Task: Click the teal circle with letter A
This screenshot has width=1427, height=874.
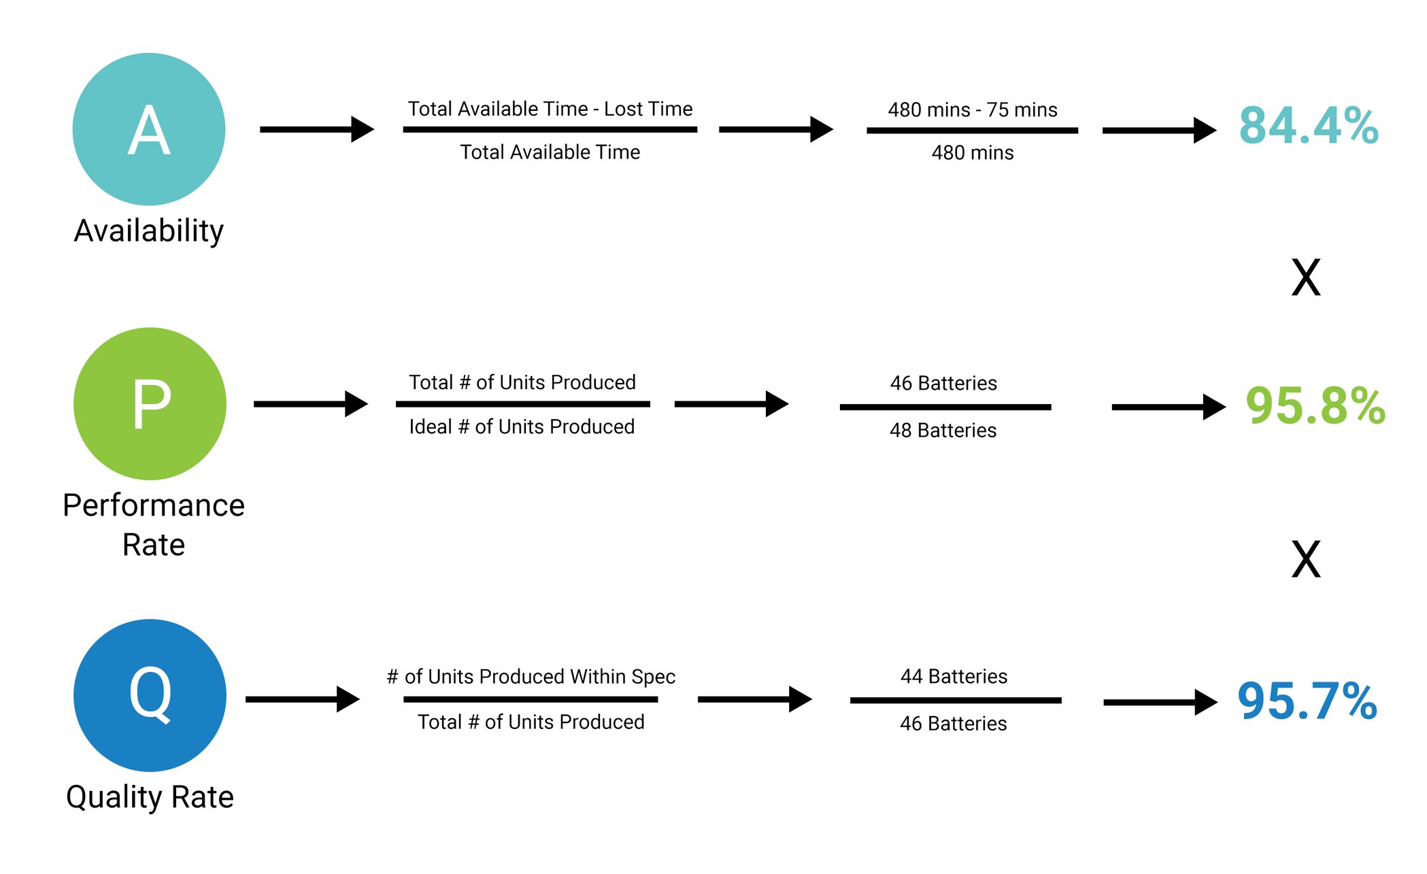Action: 149,129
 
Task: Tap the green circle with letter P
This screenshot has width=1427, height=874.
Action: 150,404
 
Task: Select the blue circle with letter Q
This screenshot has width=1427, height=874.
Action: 150,695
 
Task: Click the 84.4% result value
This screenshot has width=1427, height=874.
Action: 1308,127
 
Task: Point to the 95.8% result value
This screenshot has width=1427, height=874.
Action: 1315,406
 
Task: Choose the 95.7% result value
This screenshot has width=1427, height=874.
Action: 1307,701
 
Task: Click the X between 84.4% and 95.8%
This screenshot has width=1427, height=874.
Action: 1305,278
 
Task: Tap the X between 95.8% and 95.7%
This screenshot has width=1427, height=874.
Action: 1305,559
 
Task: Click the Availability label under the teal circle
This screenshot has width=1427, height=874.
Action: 149,231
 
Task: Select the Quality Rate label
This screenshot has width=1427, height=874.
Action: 150,797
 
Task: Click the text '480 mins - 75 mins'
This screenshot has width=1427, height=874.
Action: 972,110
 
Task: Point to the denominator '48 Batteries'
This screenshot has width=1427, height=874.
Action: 943,431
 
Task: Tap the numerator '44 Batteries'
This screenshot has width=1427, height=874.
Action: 954,676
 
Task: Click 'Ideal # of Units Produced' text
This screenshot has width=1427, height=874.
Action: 522,426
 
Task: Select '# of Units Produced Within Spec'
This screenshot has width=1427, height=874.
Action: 531,677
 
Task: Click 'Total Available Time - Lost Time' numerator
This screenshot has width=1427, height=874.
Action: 550,109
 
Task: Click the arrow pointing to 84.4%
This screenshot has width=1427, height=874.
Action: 1158,130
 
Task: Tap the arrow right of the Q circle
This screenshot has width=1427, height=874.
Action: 302,699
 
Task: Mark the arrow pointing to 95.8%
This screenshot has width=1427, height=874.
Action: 1168,407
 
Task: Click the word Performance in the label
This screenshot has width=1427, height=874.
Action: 154,505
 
